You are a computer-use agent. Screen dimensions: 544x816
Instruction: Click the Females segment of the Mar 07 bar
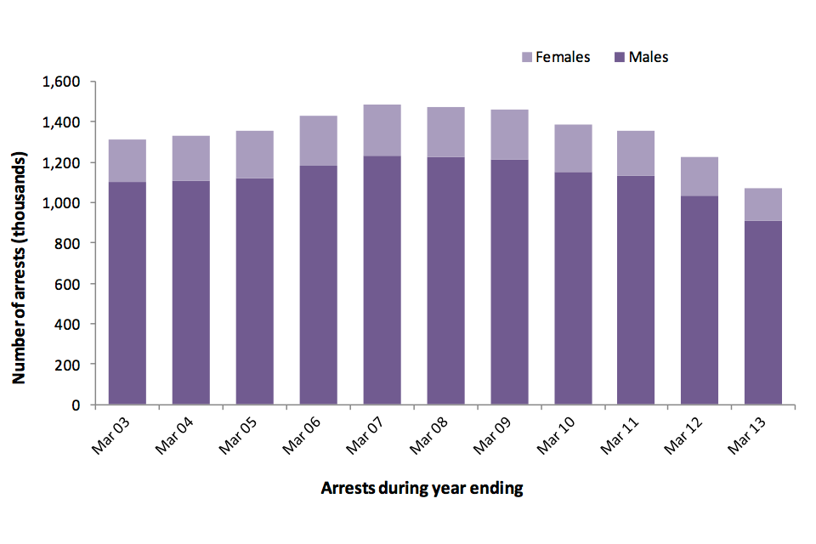pos(382,130)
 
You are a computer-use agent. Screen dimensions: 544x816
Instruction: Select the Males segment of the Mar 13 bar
pos(762,312)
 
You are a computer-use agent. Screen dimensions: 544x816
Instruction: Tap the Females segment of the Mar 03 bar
pos(127,161)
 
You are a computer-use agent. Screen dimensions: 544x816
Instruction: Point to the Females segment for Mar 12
pos(700,177)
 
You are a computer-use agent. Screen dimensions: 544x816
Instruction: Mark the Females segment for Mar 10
pos(573,149)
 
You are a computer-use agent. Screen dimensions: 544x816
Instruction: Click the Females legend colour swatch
pos(525,58)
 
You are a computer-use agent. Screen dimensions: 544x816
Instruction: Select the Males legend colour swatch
pos(619,58)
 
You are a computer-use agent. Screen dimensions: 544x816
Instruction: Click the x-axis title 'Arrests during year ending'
pos(422,489)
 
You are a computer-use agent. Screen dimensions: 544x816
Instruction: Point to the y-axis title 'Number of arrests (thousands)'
pos(19,244)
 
